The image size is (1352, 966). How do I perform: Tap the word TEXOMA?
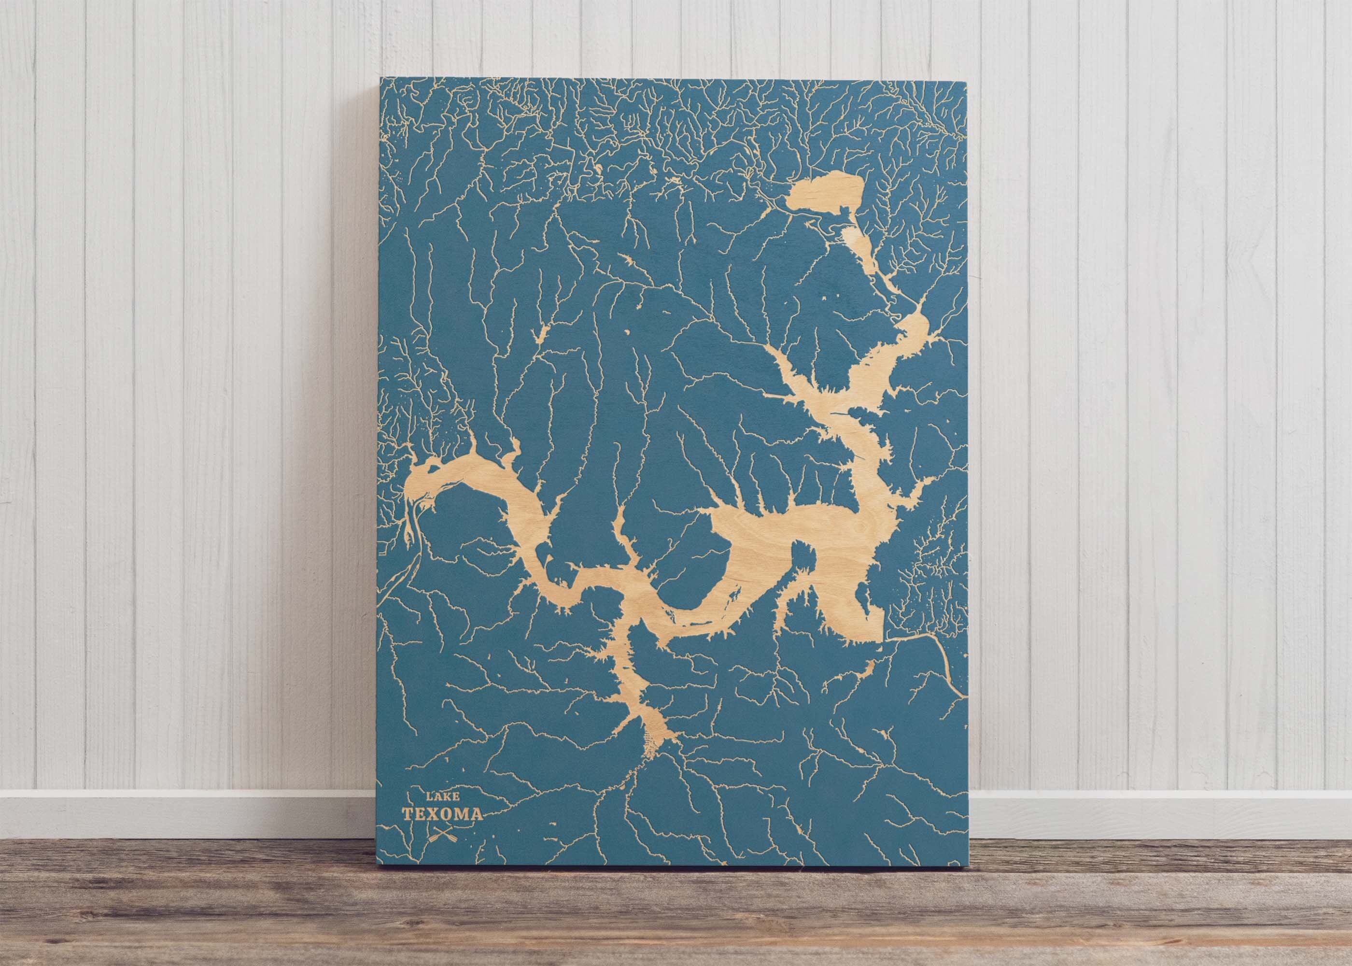click(442, 814)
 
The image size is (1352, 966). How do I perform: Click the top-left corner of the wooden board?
click(380, 78)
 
